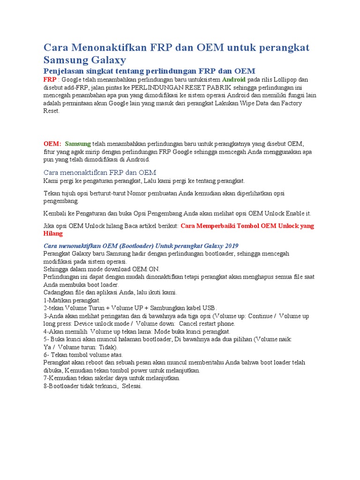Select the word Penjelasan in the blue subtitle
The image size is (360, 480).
[x=65, y=71]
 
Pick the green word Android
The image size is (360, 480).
[x=233, y=79]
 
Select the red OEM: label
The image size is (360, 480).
[x=52, y=143]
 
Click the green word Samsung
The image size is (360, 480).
[x=78, y=143]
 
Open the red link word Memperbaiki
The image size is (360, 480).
[x=216, y=225]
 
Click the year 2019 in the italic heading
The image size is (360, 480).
[x=230, y=246]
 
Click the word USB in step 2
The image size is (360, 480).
[x=209, y=308]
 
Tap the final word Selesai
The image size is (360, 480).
[x=131, y=386]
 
